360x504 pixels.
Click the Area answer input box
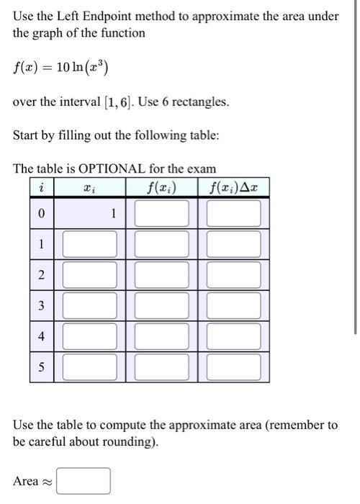[x=84, y=480]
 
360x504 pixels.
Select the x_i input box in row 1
[x=90, y=244]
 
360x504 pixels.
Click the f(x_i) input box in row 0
[x=162, y=213]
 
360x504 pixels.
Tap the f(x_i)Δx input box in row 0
[x=234, y=213]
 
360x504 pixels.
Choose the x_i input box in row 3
[x=90, y=305]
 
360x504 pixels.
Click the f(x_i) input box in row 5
[x=162, y=366]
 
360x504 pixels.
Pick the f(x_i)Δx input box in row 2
[x=234, y=274]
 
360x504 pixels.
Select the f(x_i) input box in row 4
[x=162, y=336]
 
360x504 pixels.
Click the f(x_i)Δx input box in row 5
[x=234, y=366]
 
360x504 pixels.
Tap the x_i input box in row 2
[x=90, y=274]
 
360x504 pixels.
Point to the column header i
[x=41, y=189]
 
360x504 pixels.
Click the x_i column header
[x=89, y=189]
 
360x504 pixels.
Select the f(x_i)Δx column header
[x=233, y=189]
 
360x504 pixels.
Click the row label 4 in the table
[x=41, y=336]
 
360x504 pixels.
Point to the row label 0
[x=41, y=214]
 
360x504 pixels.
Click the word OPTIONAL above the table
[x=112, y=169]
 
